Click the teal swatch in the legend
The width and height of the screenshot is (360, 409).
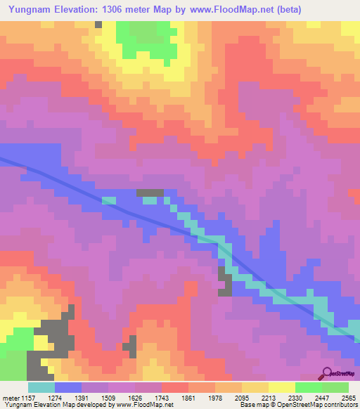point(41,387)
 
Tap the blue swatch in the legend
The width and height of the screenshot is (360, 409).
point(67,387)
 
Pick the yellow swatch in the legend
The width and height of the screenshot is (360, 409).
point(282,387)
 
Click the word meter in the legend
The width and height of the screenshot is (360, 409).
point(12,398)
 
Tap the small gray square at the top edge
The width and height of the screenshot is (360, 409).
point(98,24)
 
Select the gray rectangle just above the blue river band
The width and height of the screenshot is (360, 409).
point(150,193)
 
